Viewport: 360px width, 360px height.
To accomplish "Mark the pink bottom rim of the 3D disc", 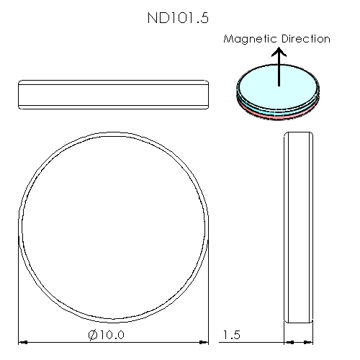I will (x=278, y=114).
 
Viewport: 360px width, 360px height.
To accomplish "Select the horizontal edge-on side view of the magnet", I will (x=113, y=95).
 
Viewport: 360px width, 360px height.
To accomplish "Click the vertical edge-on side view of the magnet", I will (x=300, y=228).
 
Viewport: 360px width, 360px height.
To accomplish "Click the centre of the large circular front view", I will (x=114, y=228).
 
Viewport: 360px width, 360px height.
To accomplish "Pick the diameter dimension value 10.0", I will (x=110, y=335).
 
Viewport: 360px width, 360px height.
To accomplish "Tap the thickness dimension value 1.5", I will (x=232, y=335).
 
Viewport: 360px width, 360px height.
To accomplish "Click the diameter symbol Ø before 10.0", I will (x=92, y=335).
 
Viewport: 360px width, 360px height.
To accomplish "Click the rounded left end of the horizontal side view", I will (x=19, y=95).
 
